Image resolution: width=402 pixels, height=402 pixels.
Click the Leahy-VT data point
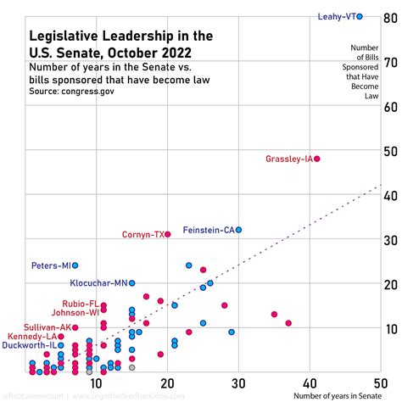pyautogui.click(x=360, y=16)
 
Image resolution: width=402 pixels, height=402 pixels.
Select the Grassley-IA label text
pyautogui.click(x=288, y=159)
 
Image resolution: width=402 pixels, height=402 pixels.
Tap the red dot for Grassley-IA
pyautogui.click(x=317, y=159)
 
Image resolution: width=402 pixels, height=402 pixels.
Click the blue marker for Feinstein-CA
pyautogui.click(x=239, y=230)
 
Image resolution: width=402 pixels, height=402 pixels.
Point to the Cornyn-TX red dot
pyautogui.click(x=168, y=234)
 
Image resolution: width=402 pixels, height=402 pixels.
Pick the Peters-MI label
pyautogui.click(x=50, y=265)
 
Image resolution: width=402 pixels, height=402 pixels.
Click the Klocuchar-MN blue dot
pyautogui.click(x=131, y=283)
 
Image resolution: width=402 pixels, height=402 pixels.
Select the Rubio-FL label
pyautogui.click(x=80, y=304)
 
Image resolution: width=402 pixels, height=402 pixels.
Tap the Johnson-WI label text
pyautogui.click(x=75, y=313)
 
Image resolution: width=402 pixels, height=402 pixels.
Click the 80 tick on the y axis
pyautogui.click(x=391, y=17)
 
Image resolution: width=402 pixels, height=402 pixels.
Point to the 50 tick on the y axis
pyautogui.click(x=391, y=151)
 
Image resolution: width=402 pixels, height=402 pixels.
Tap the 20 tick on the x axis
pyautogui.click(x=166, y=382)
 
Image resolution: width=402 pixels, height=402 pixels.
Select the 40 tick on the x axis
pyautogui.click(x=310, y=382)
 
